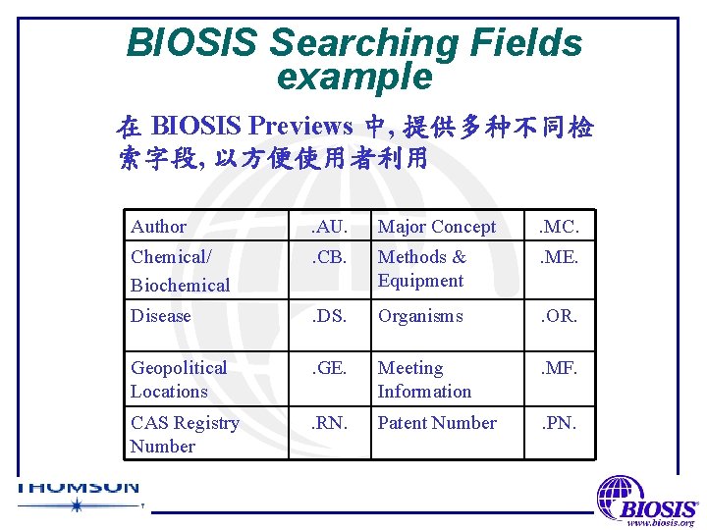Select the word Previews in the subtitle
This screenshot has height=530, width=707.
299,126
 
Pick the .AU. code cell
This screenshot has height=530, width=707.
328,227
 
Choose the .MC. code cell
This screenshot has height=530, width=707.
560,227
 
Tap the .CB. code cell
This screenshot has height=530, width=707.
328,257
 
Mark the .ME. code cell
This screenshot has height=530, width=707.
560,257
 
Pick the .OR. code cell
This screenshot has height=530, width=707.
560,316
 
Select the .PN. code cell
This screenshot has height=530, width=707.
560,423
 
